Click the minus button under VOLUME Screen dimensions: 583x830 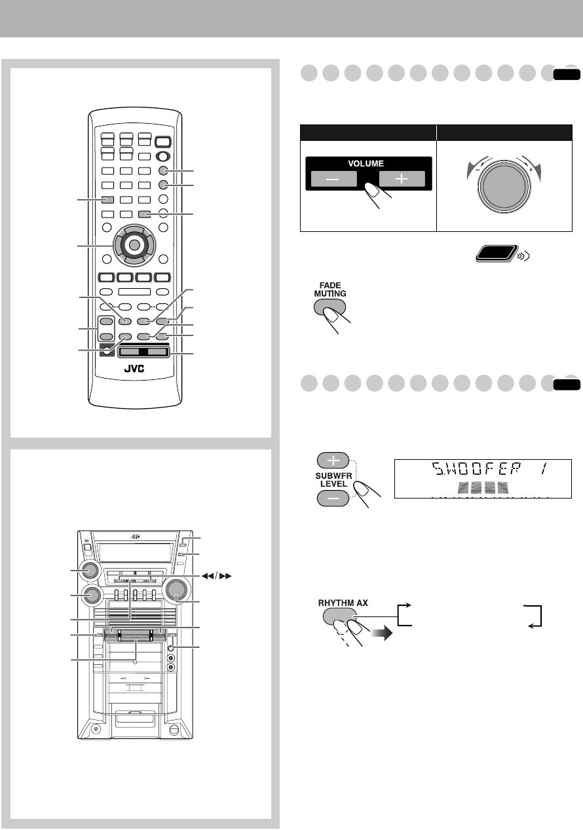(x=333, y=179)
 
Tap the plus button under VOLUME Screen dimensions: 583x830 (x=402, y=179)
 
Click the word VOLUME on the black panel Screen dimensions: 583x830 (x=366, y=163)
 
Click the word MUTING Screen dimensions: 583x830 (x=330, y=293)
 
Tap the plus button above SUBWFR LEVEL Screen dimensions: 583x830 (x=333, y=461)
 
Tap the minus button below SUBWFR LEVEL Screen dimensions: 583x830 (x=333, y=498)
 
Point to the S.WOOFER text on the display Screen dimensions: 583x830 (x=477, y=469)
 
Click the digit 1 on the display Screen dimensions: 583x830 (x=543, y=469)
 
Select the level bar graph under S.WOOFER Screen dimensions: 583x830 (x=483, y=487)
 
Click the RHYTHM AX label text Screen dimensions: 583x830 (x=343, y=603)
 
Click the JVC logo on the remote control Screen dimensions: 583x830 (x=134, y=368)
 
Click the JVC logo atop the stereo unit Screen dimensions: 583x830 (x=135, y=537)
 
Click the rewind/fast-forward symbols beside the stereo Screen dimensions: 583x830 (x=216, y=576)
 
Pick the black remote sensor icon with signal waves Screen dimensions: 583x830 (x=497, y=254)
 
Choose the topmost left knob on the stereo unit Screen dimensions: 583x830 (x=89, y=570)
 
